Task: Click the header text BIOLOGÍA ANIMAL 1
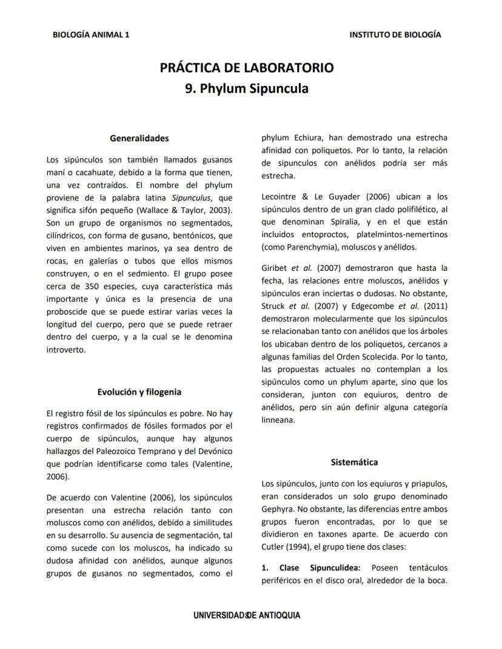click(x=91, y=35)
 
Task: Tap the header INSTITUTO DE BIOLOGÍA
click(x=395, y=35)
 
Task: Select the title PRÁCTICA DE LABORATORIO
click(x=246, y=68)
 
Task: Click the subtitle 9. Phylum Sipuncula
click(x=246, y=88)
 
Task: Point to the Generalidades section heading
click(x=139, y=138)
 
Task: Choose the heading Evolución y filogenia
click(x=139, y=391)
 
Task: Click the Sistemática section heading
click(x=354, y=462)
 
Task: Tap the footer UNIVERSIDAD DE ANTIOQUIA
click(x=246, y=615)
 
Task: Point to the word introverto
click(x=66, y=350)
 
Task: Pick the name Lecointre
click(x=279, y=196)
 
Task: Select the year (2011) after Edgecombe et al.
click(x=436, y=305)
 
